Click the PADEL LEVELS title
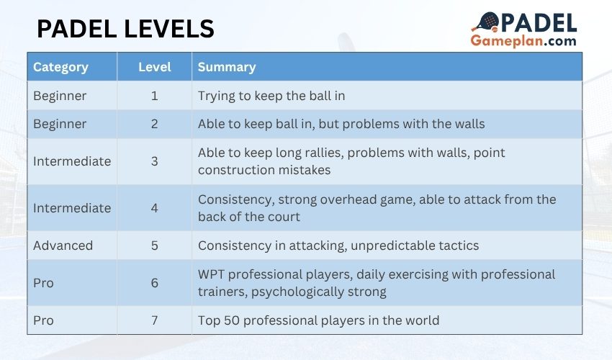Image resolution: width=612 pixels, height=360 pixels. pos(125,29)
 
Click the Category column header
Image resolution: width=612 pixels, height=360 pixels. pos(60,67)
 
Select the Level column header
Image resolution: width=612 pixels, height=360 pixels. pos(155,67)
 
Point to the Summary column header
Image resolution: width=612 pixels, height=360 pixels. pos(227,67)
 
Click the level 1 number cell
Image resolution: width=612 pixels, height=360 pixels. pos(155,96)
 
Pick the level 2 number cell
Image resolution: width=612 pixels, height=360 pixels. pos(155,124)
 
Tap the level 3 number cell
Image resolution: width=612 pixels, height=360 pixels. pos(155,161)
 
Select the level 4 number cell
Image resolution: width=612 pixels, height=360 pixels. pos(155,208)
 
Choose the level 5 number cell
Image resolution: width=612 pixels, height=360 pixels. pos(155,246)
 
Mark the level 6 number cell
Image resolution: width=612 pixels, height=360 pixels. pos(155,283)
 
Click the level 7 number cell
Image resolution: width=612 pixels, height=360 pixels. pos(155,320)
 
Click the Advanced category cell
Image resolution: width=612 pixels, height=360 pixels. pos(63,246)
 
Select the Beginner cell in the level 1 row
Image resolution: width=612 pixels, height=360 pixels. pos(60,96)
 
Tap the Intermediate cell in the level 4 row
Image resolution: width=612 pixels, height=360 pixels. pos(72,208)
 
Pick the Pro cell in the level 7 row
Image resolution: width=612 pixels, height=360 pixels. pos(43,320)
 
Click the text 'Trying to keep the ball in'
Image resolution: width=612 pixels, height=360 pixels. pos(277,96)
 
